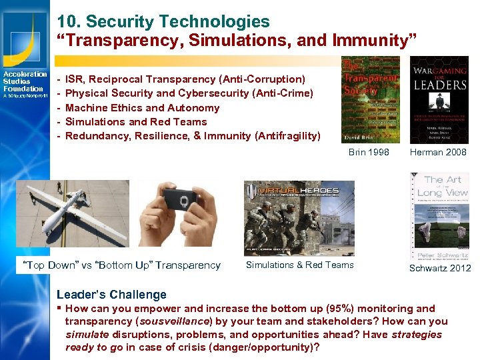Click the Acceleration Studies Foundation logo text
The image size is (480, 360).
click(x=25, y=82)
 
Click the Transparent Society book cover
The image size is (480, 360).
click(x=370, y=100)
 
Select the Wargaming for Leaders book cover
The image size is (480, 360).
click(x=438, y=100)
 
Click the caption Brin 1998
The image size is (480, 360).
click(x=369, y=152)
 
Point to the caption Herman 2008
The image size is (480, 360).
click(x=438, y=152)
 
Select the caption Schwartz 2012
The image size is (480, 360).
click(x=441, y=268)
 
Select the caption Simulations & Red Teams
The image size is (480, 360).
click(x=299, y=265)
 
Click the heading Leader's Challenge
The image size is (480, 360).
click(x=111, y=294)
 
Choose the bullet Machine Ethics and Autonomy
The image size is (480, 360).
click(x=142, y=107)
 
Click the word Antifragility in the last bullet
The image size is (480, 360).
click(x=285, y=136)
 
